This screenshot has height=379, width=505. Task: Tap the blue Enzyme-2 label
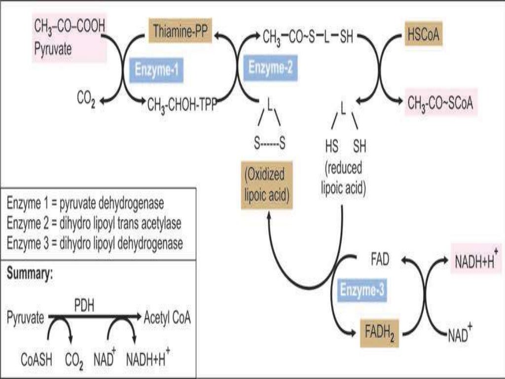(x=270, y=67)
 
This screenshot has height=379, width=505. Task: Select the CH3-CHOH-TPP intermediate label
(x=182, y=104)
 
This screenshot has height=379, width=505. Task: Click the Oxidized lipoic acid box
(x=266, y=184)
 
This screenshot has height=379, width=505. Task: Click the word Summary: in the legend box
(x=30, y=274)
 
